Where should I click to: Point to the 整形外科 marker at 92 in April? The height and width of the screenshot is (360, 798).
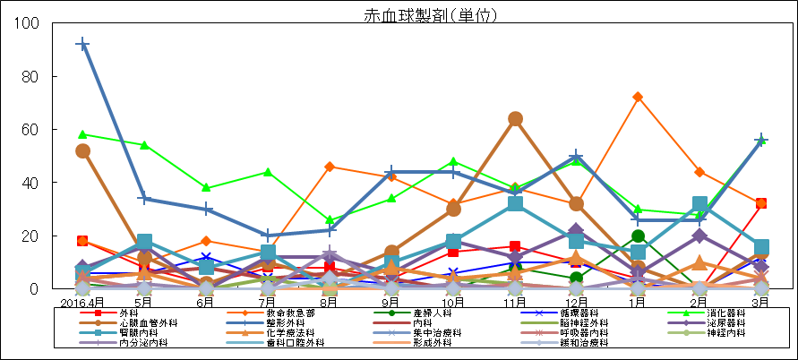(x=82, y=44)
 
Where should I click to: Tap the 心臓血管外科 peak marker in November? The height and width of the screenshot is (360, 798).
(x=515, y=119)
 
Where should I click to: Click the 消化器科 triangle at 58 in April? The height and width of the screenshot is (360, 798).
(x=82, y=134)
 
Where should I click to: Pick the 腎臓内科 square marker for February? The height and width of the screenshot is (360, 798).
(x=699, y=204)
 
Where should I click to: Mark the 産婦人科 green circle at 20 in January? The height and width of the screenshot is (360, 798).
(x=638, y=236)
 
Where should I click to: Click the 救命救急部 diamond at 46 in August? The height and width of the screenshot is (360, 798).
(x=330, y=167)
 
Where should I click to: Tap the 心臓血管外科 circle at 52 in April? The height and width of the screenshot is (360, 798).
(x=82, y=150)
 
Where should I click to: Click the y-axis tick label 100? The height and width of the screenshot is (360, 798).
(x=27, y=23)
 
